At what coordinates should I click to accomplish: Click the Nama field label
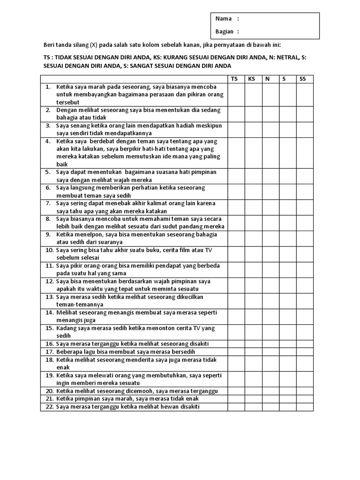click(224, 19)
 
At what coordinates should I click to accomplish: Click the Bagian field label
click(225, 31)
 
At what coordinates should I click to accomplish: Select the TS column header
click(234, 79)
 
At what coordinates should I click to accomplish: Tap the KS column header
click(252, 79)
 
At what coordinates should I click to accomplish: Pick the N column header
click(268, 79)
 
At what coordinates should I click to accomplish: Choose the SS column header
click(303, 79)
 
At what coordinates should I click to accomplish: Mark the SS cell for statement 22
click(304, 407)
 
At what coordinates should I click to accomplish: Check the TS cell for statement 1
click(236, 95)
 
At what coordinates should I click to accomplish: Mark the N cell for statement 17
click(270, 352)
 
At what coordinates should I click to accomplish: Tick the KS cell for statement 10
click(253, 254)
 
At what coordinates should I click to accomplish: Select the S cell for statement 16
click(287, 344)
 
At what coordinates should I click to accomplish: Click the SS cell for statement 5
click(304, 176)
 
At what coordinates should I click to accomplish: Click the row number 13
click(49, 297)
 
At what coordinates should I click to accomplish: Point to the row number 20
click(49, 391)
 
